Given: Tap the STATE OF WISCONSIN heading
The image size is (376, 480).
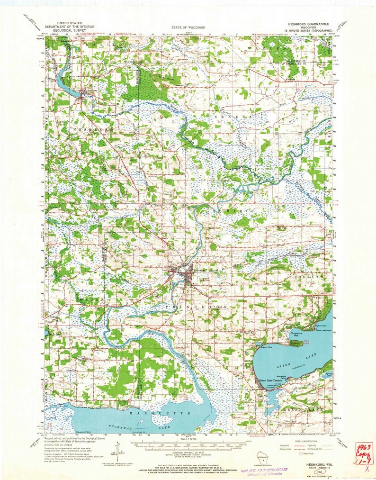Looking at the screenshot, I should (x=188, y=28).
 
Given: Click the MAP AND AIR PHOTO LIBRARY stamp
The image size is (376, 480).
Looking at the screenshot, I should (x=264, y=471).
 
